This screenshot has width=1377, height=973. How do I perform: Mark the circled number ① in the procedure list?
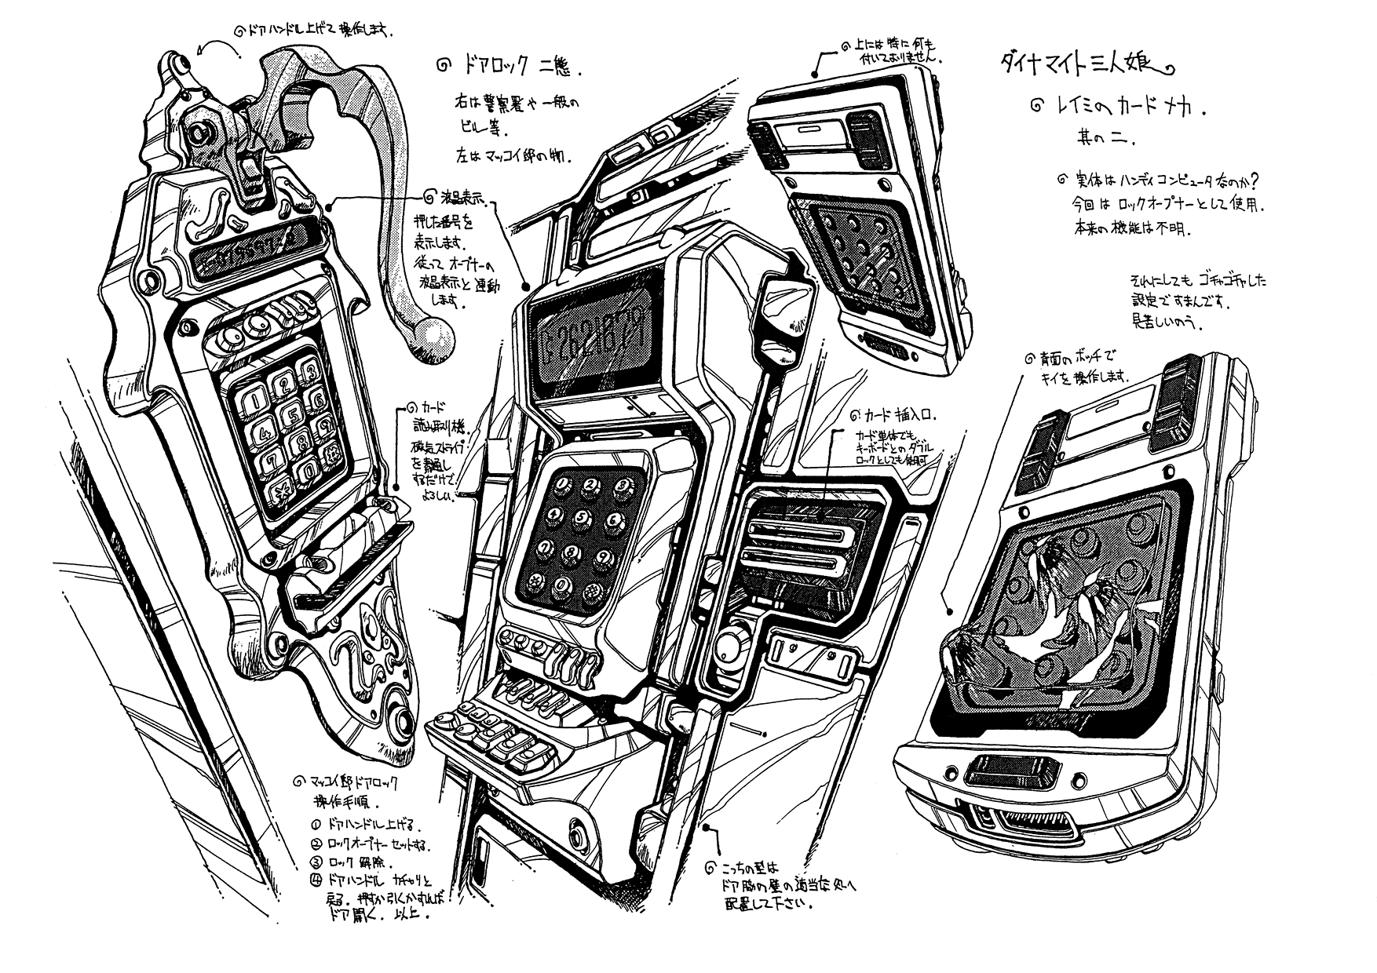pyautogui.click(x=316, y=825)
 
